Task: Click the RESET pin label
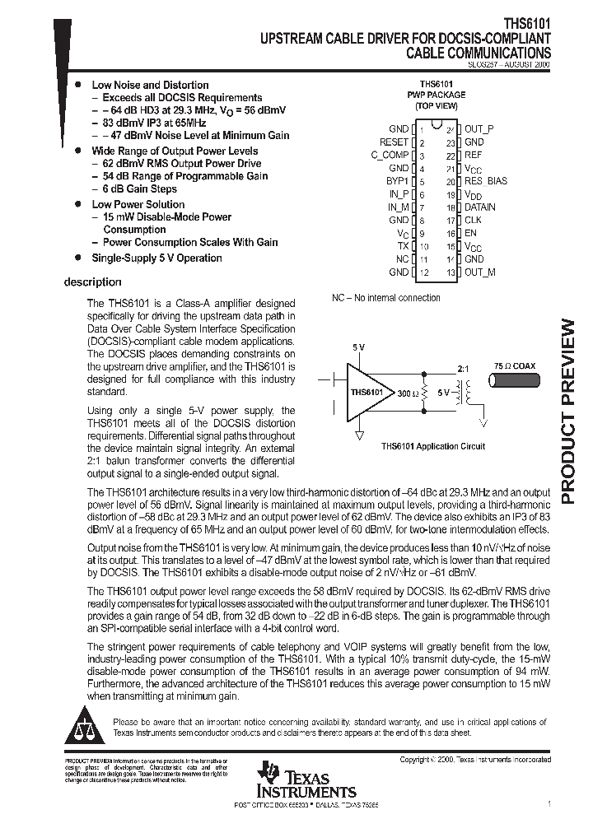tap(394, 142)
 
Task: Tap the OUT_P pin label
tap(479, 129)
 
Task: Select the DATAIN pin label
tap(479, 207)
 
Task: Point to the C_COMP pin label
tap(390, 155)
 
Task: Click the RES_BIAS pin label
tap(485, 181)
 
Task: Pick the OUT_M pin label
tap(479, 272)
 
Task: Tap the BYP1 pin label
tap(397, 181)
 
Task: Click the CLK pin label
tap(473, 221)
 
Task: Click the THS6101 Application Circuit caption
tap(432, 446)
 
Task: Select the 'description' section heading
tap(92, 282)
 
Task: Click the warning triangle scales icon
tap(85, 724)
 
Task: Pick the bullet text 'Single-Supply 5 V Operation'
tap(156, 258)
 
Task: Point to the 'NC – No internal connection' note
tap(385, 298)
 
